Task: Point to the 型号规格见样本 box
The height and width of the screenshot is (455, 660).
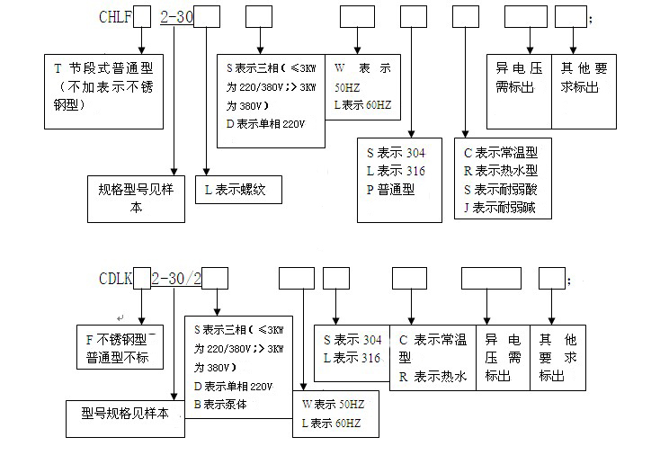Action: [125, 418]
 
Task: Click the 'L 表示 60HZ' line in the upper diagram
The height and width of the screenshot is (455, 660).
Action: [362, 105]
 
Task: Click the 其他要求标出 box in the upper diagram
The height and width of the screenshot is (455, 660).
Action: [585, 78]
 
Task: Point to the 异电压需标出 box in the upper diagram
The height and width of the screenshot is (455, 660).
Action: [518, 78]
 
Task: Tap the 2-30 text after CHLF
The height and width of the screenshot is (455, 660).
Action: [177, 17]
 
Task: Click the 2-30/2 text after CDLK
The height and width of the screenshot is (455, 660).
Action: [176, 280]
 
